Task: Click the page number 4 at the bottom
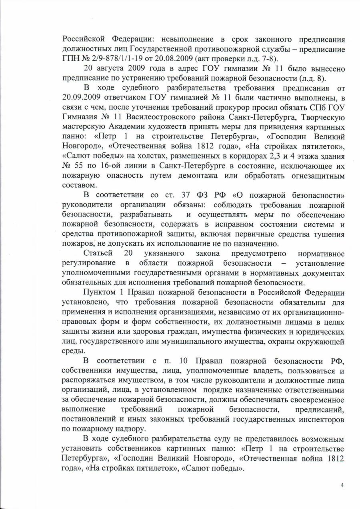coord(342,485)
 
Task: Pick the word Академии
coord(130,126)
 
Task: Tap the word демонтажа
coord(225,175)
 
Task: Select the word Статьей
coord(98,253)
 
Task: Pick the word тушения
coord(328,234)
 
